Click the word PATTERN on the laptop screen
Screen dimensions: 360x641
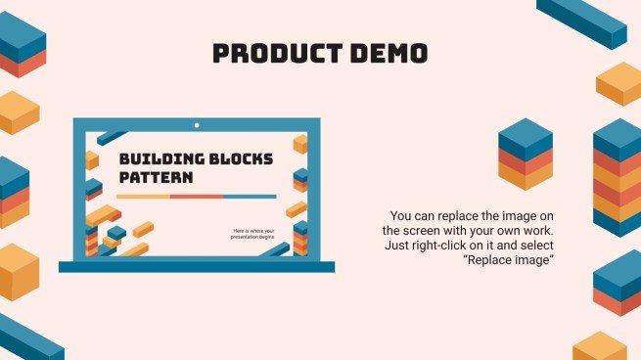[156, 178]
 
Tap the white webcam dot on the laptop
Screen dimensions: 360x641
[197, 125]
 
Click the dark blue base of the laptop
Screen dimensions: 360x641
[196, 266]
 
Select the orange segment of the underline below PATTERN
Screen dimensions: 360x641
[145, 197]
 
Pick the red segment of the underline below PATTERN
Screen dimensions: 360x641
[196, 197]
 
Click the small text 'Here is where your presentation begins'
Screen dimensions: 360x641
[253, 234]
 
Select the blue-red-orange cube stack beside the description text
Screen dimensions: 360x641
[526, 154]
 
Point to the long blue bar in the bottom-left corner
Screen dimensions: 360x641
[28, 337]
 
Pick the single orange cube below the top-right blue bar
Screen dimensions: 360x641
[618, 83]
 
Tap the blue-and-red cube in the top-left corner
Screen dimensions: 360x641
[22, 45]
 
